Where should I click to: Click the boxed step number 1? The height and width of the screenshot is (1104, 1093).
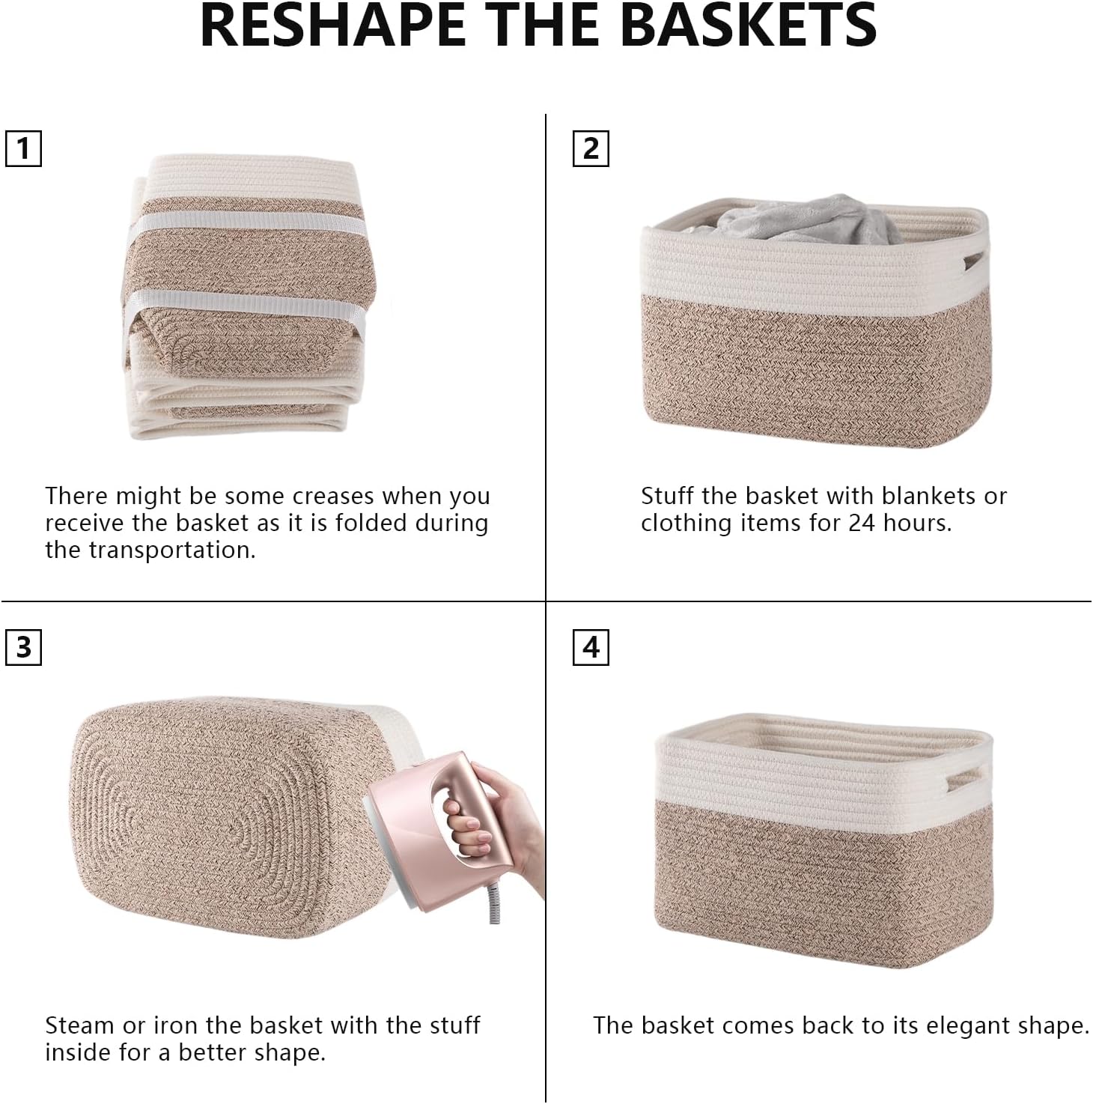pos(23,148)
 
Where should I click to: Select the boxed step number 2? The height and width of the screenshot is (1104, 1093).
pos(591,148)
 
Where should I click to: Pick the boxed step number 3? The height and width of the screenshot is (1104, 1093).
pos(23,646)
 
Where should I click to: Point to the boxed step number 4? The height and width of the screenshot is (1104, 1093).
pos(591,646)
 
